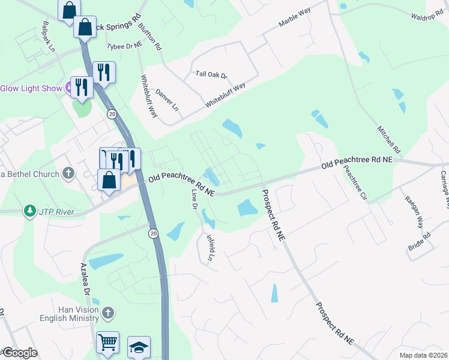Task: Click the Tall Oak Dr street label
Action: pos(212,75)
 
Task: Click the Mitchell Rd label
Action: pos(388,139)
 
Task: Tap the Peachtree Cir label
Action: pos(355,181)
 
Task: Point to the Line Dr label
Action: pos(194,200)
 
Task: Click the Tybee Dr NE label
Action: pos(124,45)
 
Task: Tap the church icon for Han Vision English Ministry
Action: pos(107,313)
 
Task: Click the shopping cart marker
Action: pos(107,342)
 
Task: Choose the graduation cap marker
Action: pos(139,347)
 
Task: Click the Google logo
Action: pos(19,353)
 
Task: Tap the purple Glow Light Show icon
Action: pos(68,88)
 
